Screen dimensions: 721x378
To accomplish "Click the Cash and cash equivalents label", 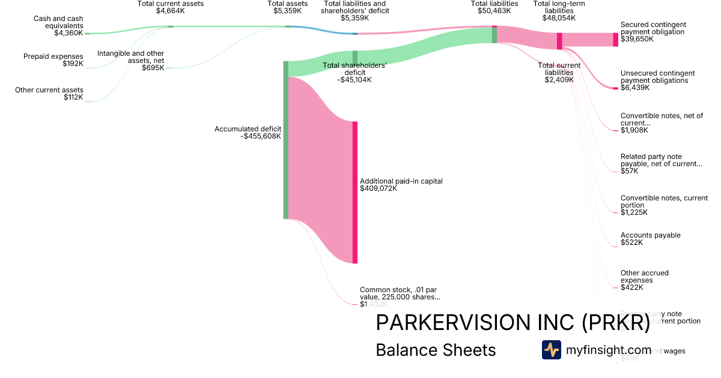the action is [58, 26].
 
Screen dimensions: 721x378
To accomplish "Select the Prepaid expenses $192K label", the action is [53, 60].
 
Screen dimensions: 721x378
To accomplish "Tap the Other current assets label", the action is [49, 94].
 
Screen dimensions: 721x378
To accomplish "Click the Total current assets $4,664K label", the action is [171, 7].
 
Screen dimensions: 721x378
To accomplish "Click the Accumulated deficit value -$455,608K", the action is [252, 136].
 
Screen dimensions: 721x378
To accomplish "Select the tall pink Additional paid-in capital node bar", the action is [355, 192].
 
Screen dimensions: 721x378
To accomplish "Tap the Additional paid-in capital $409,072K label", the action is [401, 185].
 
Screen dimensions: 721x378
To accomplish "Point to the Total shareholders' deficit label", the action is [354, 73].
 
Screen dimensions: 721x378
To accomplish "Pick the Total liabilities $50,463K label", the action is [494, 7].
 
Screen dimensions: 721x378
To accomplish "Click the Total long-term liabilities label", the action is [559, 11].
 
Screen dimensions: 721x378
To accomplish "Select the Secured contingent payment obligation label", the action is [653, 32].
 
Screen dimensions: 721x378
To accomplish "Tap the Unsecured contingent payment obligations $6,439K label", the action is [657, 80].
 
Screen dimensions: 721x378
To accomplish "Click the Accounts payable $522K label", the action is [650, 239].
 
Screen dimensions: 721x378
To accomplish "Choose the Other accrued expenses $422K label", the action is [644, 280].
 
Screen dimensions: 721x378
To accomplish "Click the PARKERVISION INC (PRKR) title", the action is [513, 323].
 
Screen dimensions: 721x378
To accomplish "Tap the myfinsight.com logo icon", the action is [551, 350].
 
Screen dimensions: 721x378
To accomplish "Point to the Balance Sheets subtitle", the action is [436, 350].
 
